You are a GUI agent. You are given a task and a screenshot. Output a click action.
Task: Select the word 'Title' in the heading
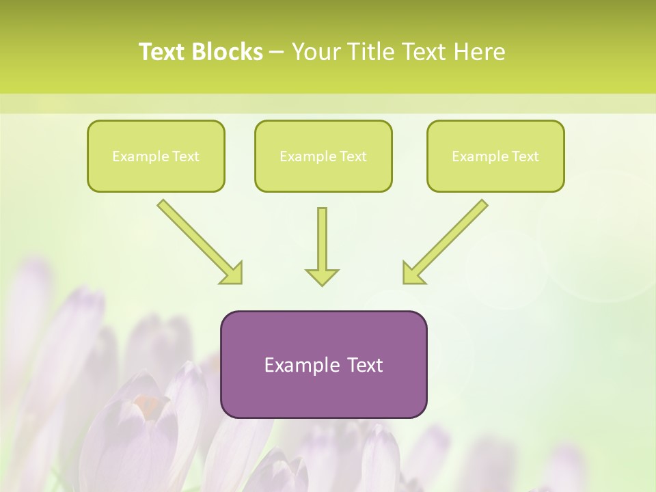pyautogui.click(x=372, y=52)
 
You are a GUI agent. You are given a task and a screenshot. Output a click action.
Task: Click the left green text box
pyautogui.click(x=156, y=156)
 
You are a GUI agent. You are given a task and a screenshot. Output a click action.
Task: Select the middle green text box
pyautogui.click(x=323, y=156)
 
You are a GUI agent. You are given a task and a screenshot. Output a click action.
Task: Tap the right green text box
pyautogui.click(x=495, y=156)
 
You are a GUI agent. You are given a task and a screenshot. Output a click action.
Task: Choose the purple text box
pyautogui.click(x=323, y=364)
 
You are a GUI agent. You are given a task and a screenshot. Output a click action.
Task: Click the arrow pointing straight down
pyautogui.click(x=322, y=243)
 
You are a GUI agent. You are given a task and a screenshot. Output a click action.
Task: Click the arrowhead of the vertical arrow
pyautogui.click(x=322, y=277)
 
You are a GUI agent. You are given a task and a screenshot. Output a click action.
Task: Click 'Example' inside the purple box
pyautogui.click(x=297, y=365)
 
